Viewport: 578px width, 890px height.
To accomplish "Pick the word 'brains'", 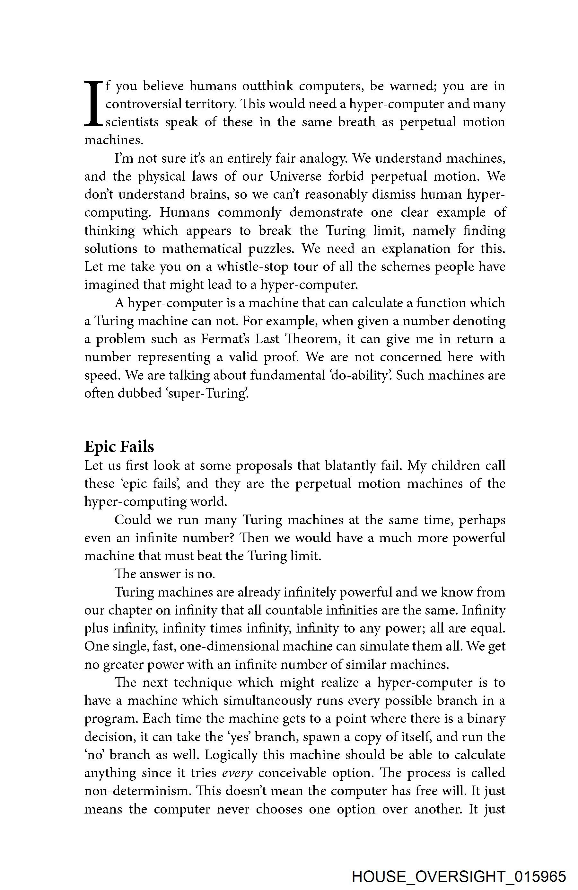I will click(x=211, y=194).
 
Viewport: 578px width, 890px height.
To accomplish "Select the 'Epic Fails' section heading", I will click(x=119, y=446).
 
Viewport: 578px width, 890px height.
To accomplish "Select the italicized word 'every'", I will click(x=238, y=773).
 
